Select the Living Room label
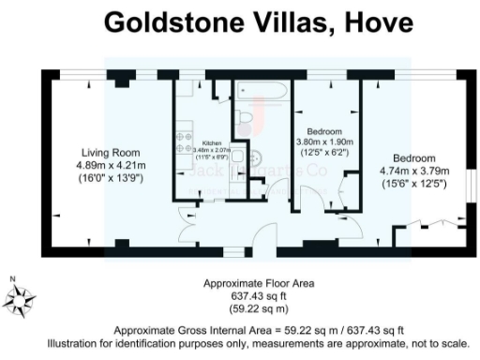108,152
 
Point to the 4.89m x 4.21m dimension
108,164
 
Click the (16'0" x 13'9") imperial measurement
108,177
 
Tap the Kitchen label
212,142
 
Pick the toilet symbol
244,115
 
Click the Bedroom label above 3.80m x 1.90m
324,130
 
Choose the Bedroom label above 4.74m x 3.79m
415,157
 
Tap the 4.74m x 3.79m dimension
415,171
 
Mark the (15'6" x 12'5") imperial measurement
415,183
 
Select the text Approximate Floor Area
259,283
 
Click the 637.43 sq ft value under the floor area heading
259,295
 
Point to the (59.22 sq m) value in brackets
259,307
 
